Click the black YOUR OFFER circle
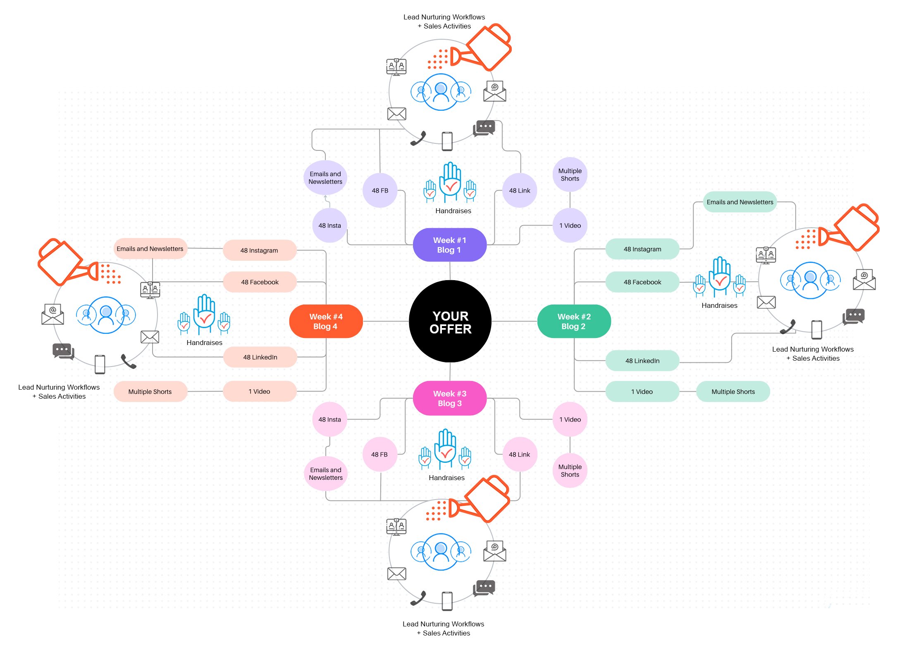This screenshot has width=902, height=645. click(450, 322)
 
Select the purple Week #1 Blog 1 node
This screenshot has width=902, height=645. click(449, 245)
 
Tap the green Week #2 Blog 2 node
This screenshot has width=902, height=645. click(574, 321)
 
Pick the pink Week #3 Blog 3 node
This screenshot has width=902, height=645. click(449, 398)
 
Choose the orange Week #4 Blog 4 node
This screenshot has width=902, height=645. click(326, 321)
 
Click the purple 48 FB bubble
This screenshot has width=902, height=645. click(379, 190)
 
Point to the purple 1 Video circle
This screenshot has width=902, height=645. click(570, 226)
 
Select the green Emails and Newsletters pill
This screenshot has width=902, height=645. click(740, 202)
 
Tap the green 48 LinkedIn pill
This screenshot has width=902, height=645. click(642, 361)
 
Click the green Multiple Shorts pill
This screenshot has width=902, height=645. click(733, 392)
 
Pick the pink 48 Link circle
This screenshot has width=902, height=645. click(519, 455)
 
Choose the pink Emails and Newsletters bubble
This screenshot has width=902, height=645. click(326, 474)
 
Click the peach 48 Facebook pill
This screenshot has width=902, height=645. click(260, 282)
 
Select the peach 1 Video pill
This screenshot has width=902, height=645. click(259, 392)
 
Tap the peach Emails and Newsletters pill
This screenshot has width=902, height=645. click(150, 249)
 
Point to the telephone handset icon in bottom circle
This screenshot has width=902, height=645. click(418, 598)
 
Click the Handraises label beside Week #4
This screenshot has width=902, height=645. click(204, 343)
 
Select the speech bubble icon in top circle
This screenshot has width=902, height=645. click(484, 128)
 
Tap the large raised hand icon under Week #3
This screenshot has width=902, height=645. click(445, 448)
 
